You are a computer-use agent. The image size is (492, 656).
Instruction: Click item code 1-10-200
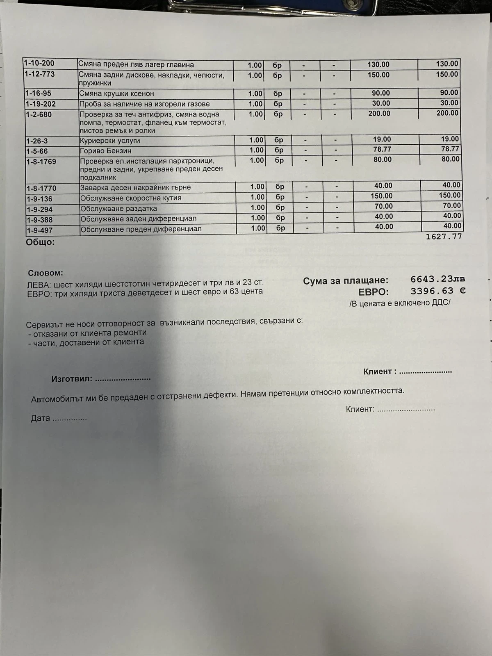pyautogui.click(x=39, y=63)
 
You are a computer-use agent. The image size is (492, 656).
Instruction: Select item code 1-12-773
pyautogui.click(x=39, y=74)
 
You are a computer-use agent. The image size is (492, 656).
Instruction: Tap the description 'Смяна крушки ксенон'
pyautogui.click(x=116, y=93)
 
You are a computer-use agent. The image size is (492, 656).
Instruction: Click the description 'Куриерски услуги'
pyautogui.click(x=110, y=141)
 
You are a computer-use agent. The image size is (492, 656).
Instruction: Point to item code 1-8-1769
pyautogui.click(x=41, y=162)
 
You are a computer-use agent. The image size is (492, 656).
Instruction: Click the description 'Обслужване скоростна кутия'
pyautogui.click(x=131, y=198)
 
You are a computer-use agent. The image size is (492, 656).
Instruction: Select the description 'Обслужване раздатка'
pyautogui.click(x=119, y=209)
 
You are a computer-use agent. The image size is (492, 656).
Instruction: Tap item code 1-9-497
pyautogui.click(x=40, y=230)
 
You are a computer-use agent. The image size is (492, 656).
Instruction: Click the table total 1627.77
pyautogui.click(x=444, y=237)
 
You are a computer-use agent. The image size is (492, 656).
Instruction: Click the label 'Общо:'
pyautogui.click(x=40, y=242)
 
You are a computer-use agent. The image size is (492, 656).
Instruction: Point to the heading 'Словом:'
pyautogui.click(x=46, y=273)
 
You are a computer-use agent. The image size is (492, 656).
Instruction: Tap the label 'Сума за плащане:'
pyautogui.click(x=346, y=281)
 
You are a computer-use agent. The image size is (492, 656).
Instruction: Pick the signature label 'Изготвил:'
pyautogui.click(x=72, y=379)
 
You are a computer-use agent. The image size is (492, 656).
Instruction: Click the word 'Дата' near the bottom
pyautogui.click(x=41, y=419)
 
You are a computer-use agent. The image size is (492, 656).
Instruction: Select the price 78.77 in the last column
pyautogui.click(x=450, y=149)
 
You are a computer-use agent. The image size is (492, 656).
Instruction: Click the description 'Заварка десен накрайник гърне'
pyautogui.click(x=136, y=187)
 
